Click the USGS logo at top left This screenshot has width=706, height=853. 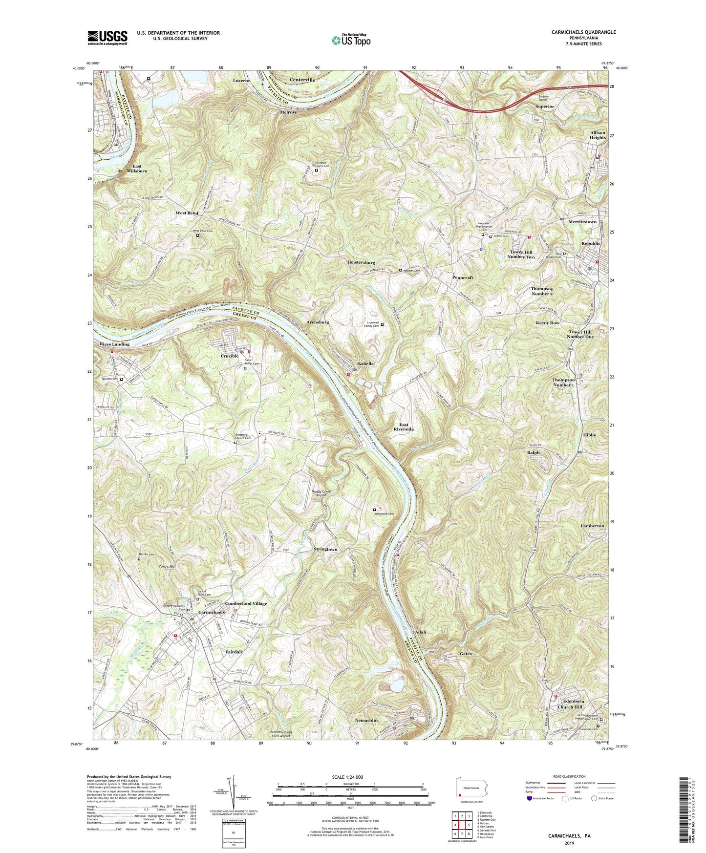107,37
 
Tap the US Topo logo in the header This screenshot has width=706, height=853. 350,40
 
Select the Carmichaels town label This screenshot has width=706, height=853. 212,612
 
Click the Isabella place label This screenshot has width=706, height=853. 365,364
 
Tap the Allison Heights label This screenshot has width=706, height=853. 598,135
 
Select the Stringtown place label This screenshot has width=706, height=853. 325,549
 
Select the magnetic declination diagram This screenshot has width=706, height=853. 233,792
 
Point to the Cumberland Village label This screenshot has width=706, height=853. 247,603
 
